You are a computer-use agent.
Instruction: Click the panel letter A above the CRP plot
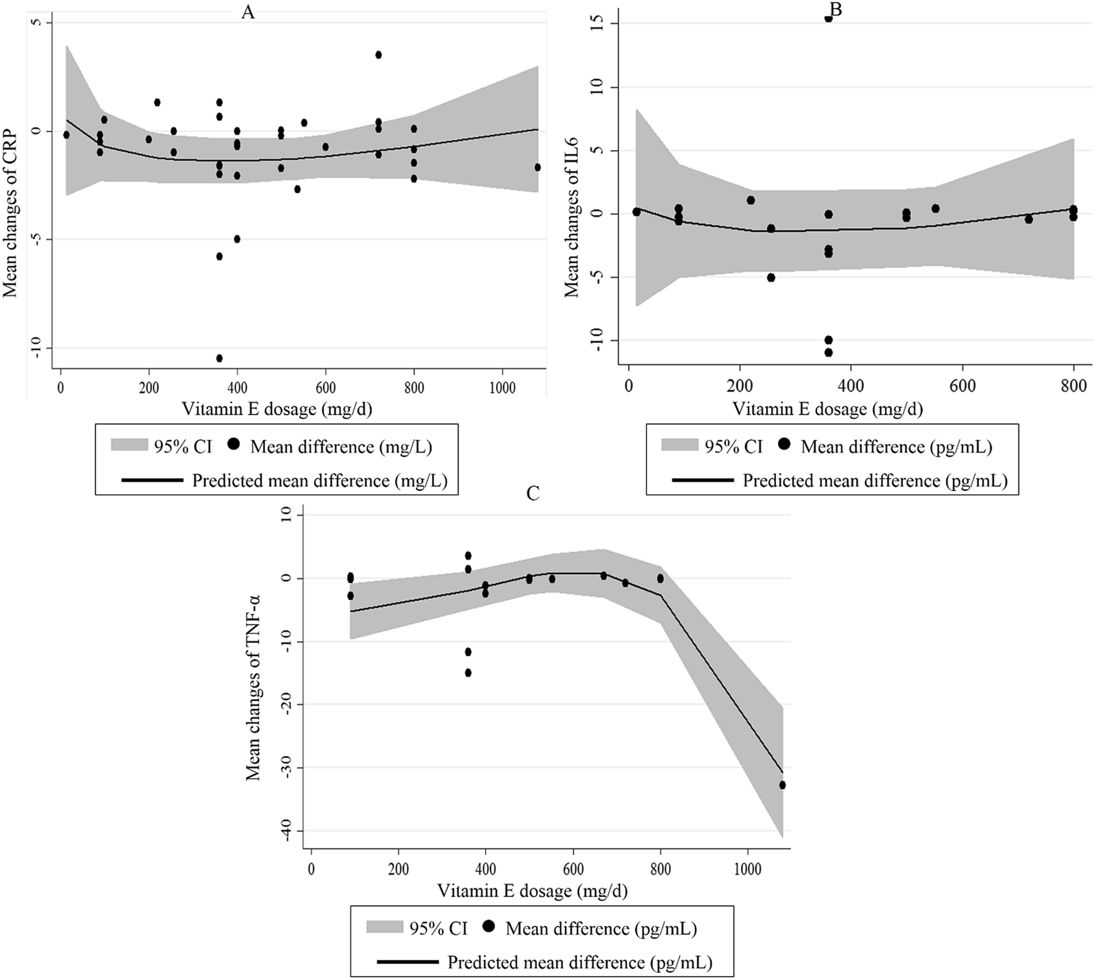(x=248, y=13)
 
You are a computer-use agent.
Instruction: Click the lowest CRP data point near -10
(x=219, y=358)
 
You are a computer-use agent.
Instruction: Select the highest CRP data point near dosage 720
(x=378, y=55)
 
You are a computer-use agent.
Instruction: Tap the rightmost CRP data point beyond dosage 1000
(x=537, y=167)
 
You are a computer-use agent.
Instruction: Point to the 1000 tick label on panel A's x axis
(x=502, y=388)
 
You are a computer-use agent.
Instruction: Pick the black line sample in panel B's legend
(x=703, y=480)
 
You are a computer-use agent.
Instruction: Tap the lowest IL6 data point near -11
(x=829, y=352)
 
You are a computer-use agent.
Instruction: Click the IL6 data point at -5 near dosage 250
(x=771, y=277)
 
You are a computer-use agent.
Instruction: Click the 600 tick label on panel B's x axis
(x=962, y=385)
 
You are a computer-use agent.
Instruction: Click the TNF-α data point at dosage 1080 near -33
(x=782, y=785)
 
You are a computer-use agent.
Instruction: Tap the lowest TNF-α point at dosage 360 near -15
(x=468, y=673)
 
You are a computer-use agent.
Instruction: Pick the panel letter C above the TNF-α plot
(x=533, y=493)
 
